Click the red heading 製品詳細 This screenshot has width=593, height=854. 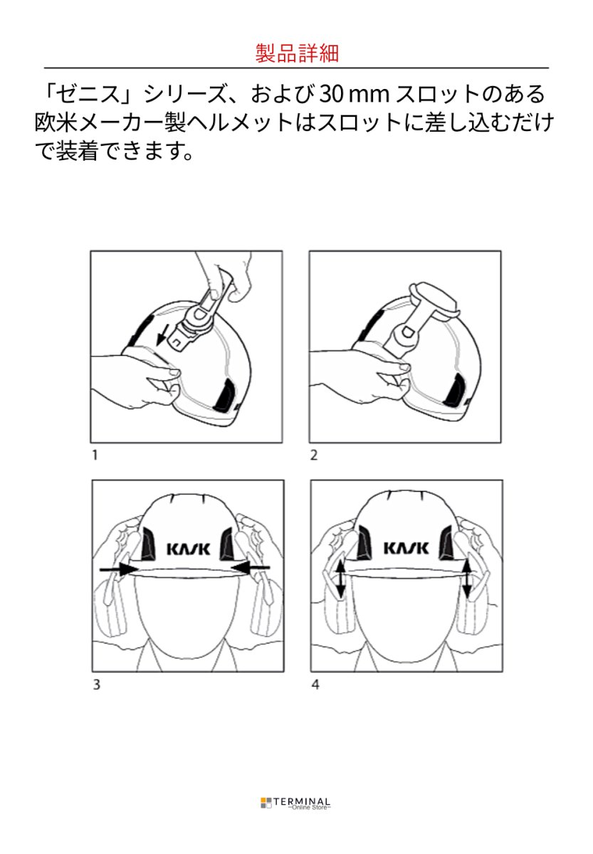[x=296, y=53]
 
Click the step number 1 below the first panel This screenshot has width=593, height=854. [x=94, y=455]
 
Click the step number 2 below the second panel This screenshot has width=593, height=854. [x=313, y=455]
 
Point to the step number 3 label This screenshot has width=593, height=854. [x=95, y=685]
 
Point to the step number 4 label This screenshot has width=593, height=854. [x=314, y=685]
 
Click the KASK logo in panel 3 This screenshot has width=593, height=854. [x=187, y=549]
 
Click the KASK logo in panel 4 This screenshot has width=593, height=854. [x=406, y=549]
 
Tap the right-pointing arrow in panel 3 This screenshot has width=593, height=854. [x=119, y=568]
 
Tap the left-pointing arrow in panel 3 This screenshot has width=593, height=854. [x=251, y=566]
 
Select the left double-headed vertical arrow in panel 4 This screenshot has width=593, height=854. [x=341, y=579]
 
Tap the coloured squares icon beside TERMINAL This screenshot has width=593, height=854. [x=266, y=803]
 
